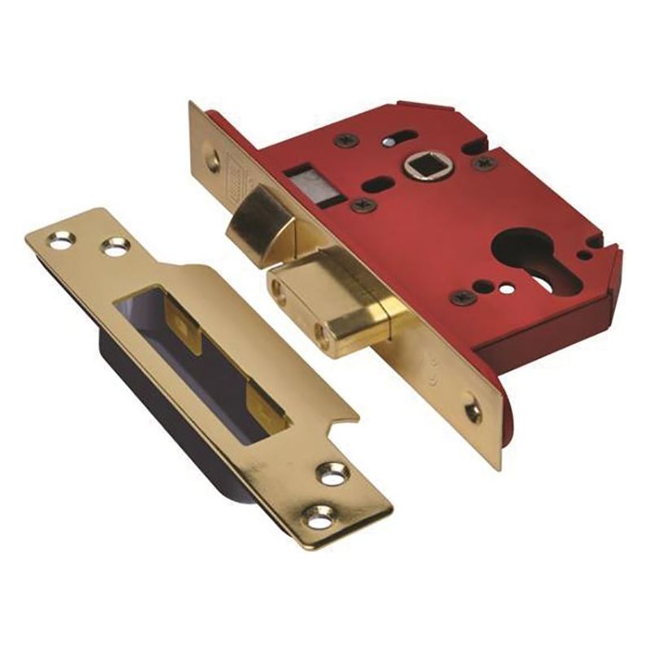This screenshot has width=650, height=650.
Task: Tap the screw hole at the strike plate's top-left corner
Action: coord(59,238)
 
